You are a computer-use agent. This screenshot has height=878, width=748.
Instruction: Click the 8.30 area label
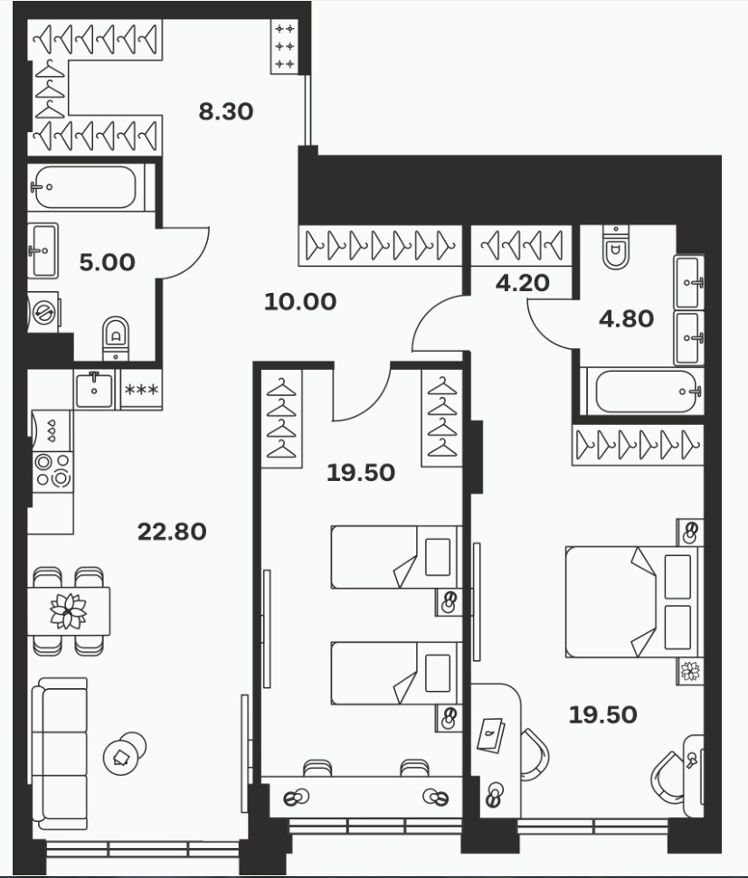226,111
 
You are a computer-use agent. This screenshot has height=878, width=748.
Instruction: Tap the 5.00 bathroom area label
107,262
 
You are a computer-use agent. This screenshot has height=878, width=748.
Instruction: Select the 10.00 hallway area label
299,302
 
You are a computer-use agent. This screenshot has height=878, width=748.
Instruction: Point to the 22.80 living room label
172,532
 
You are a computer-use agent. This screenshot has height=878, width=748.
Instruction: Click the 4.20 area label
522,283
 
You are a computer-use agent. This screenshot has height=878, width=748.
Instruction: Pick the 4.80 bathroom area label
627,318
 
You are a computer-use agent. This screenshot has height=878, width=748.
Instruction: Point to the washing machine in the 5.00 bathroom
43,312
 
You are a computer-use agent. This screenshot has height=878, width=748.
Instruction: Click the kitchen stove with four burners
52,471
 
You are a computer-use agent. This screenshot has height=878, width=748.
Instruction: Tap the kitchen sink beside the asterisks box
94,389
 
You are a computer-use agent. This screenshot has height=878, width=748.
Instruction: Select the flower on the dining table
69,610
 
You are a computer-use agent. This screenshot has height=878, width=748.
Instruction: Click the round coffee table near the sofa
124,753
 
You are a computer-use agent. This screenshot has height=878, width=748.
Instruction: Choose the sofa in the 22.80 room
60,754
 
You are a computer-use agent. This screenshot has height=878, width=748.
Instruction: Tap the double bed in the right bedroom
634,601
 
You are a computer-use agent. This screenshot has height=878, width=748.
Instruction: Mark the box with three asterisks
141,389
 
